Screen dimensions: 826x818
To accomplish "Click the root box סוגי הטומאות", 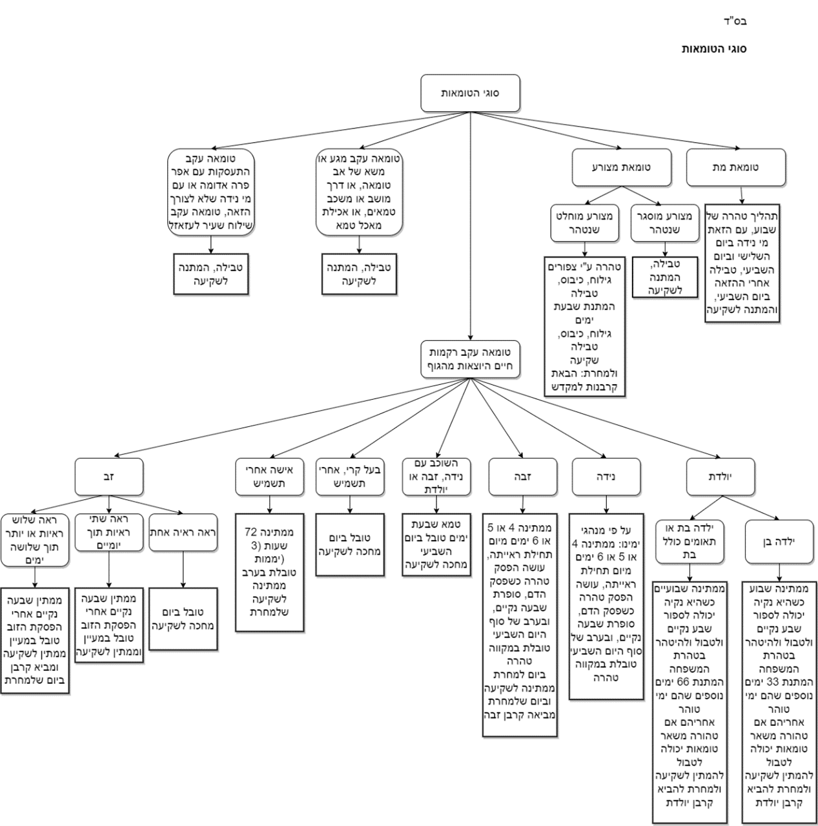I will (470, 93).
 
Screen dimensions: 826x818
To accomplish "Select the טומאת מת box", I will (736, 167).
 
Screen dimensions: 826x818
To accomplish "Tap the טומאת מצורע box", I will (621, 167).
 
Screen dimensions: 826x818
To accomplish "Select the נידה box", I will (606, 477).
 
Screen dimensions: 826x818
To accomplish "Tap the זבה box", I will (522, 477).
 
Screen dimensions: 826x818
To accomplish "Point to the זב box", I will (108, 477).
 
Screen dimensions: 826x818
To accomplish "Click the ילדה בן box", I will (778, 541).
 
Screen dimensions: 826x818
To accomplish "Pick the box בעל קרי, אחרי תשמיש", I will (349, 477).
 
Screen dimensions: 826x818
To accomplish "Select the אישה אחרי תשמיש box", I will (269, 477).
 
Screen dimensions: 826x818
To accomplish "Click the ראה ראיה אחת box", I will (183, 533).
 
